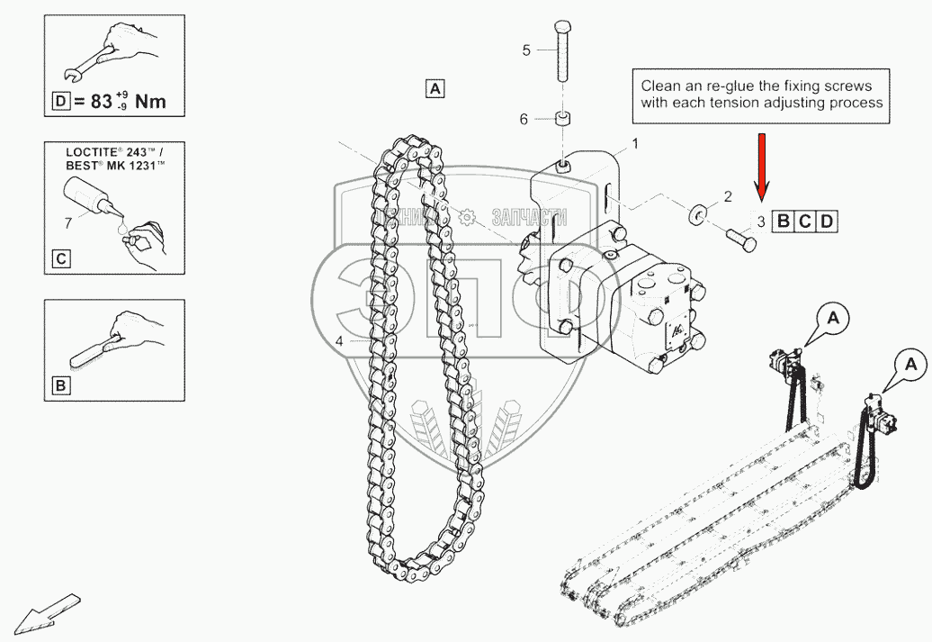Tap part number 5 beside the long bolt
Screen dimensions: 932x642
[x=527, y=50]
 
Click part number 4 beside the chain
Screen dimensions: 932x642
[x=339, y=341]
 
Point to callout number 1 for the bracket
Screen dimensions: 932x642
[x=634, y=143]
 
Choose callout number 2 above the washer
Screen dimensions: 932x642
[x=728, y=196]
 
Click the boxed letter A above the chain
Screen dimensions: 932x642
[x=435, y=88]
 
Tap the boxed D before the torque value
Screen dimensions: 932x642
[x=60, y=102]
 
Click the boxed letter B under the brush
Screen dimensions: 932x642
[x=60, y=387]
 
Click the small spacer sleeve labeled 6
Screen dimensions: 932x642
[x=563, y=119]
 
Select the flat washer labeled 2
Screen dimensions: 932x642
[x=697, y=215]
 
